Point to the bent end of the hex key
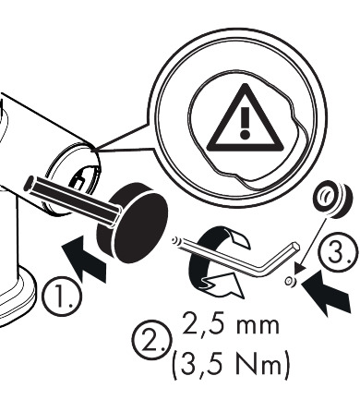click(x=293, y=252)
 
